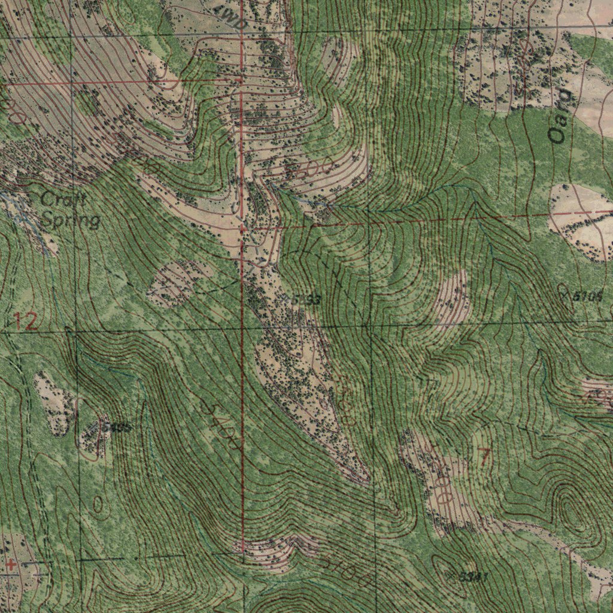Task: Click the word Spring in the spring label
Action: (x=71, y=220)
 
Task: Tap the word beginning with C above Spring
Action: (x=63, y=199)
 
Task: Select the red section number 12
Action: (x=26, y=323)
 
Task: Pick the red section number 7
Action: (x=484, y=457)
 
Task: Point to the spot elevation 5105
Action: (x=585, y=296)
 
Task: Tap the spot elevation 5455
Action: (x=116, y=427)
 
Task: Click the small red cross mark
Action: (x=11, y=563)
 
